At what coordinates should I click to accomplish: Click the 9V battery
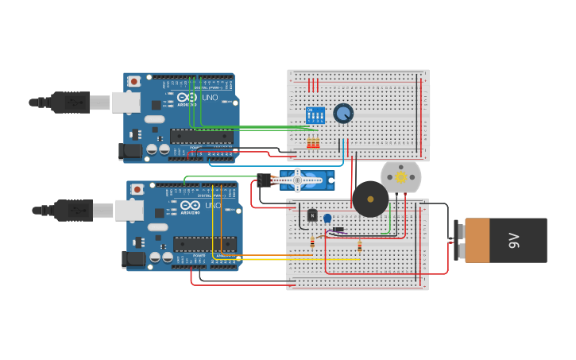(505, 240)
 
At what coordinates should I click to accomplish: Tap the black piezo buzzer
(370, 199)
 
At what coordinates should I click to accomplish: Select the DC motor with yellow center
(400, 176)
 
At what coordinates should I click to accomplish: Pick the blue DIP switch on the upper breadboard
(315, 115)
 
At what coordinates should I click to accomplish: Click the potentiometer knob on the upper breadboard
(343, 114)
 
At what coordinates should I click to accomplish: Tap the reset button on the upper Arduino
(134, 81)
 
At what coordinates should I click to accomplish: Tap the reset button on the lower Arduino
(137, 189)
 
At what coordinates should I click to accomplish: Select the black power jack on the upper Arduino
(130, 150)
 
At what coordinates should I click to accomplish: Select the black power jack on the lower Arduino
(133, 258)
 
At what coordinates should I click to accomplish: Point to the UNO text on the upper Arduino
(211, 98)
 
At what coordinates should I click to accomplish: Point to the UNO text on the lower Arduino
(214, 206)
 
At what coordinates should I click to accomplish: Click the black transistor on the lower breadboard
(312, 215)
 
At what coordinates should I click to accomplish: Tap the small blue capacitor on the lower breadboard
(327, 219)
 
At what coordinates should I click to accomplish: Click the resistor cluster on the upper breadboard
(313, 143)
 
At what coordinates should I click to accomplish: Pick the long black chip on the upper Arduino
(202, 136)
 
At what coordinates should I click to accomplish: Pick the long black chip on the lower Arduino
(205, 244)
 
